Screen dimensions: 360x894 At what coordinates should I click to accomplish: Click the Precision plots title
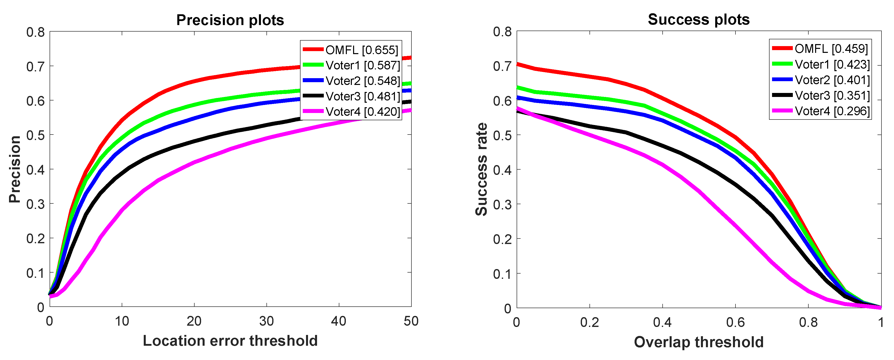click(230, 20)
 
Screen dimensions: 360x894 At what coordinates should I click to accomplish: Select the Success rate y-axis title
click(481, 169)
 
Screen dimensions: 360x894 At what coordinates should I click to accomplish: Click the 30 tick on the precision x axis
click(266, 321)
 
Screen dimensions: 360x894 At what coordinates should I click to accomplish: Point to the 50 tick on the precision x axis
click(411, 321)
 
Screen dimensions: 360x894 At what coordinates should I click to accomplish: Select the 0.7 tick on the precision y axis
click(36, 66)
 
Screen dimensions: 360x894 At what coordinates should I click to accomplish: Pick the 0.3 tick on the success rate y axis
click(502, 204)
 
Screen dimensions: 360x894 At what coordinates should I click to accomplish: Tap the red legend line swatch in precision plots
click(313, 50)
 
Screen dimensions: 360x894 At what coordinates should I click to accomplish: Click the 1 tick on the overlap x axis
click(880, 322)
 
